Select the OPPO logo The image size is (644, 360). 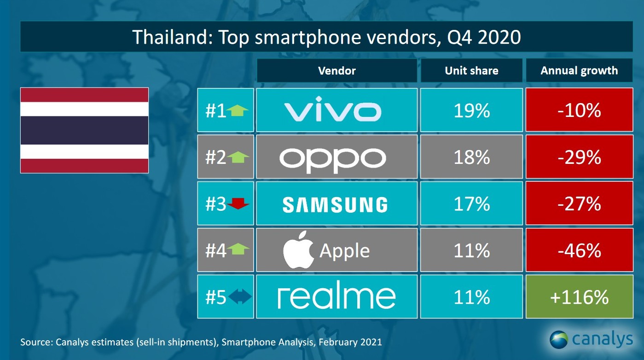click(332, 158)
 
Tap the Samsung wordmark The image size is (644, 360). click(335, 204)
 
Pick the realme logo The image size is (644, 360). click(337, 297)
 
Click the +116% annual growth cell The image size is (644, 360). click(579, 297)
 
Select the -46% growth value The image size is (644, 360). click(579, 251)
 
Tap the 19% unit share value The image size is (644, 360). click(471, 111)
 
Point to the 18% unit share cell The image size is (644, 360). click(471, 157)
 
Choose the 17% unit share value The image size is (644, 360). click(471, 204)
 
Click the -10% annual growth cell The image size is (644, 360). click(579, 111)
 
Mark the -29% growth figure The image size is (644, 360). click(579, 157)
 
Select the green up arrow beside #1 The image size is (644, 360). click(238, 110)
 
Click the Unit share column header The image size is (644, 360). click(471, 70)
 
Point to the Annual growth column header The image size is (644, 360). click(579, 70)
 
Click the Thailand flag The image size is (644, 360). click(84, 130)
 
